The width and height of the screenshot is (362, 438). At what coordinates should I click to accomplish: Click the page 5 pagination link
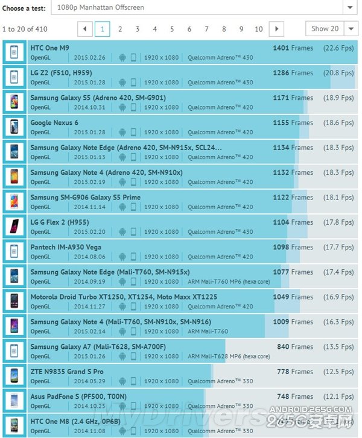click(x=172, y=29)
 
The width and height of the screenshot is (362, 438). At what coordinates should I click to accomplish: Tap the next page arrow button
click(x=276, y=29)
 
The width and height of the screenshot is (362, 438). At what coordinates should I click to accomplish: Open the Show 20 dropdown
click(x=331, y=28)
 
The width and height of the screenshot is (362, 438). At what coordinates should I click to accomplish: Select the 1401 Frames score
click(x=293, y=48)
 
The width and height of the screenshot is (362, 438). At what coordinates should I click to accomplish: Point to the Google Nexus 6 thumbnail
click(x=14, y=127)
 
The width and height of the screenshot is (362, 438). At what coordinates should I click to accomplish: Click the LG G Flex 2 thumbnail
click(x=14, y=227)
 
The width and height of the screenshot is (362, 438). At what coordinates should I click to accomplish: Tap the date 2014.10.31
click(x=89, y=108)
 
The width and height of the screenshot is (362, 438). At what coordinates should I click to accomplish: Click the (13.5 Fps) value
click(x=338, y=347)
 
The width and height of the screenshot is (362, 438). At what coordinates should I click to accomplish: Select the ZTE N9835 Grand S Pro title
click(x=66, y=372)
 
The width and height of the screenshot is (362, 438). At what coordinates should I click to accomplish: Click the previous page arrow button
click(x=85, y=29)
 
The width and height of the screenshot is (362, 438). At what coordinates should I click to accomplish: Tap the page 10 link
click(x=259, y=29)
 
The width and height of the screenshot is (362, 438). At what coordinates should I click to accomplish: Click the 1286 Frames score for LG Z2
click(x=293, y=73)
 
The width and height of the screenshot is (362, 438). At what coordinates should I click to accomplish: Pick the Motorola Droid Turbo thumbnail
click(x=14, y=301)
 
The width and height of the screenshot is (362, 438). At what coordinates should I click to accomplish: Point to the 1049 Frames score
click(x=293, y=297)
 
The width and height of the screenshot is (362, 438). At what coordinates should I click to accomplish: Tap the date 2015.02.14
click(x=89, y=331)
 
